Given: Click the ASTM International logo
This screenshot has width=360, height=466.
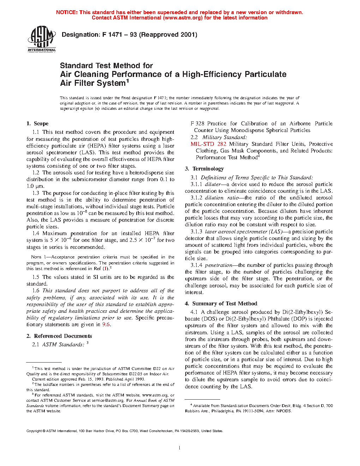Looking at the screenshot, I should pyautogui.click(x=42, y=39).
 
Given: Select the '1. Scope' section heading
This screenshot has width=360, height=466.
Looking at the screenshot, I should pyautogui.click(x=37, y=124).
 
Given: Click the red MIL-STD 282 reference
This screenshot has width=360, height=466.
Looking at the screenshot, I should pyautogui.click(x=208, y=144).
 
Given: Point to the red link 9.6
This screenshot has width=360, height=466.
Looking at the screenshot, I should pyautogui.click(x=106, y=324).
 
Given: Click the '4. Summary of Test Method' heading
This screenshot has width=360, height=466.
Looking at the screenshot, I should pyautogui.click(x=221, y=304).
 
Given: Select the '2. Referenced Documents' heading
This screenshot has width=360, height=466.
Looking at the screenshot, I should pyautogui.click(x=59, y=336).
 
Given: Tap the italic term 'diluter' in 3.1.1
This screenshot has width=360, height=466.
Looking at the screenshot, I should pyautogui.click(x=213, y=184).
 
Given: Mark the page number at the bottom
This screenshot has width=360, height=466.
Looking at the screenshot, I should pyautogui.click(x=180, y=448).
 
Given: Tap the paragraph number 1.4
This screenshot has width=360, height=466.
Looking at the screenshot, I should pyautogui.click(x=36, y=233).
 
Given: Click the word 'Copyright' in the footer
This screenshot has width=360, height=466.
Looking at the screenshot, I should pyautogui.click(x=34, y=431).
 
